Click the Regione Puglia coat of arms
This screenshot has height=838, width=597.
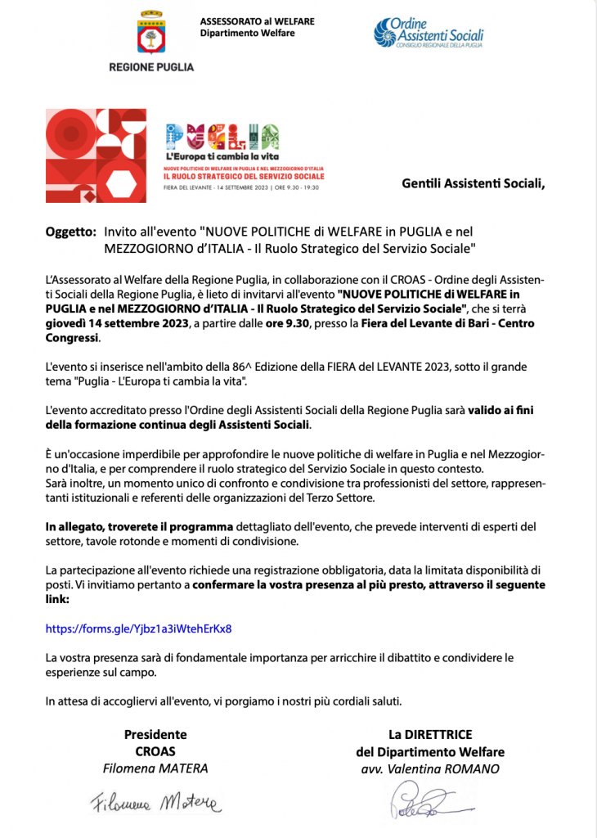(x=151, y=32)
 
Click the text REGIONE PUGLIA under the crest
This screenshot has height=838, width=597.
(x=151, y=67)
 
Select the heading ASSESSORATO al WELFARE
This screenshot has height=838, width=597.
(x=257, y=20)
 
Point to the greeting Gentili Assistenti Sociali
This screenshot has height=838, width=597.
(x=473, y=182)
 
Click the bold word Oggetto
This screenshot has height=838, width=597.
(x=70, y=232)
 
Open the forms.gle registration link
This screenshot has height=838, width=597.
(x=138, y=629)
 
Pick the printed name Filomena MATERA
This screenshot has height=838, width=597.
(x=155, y=768)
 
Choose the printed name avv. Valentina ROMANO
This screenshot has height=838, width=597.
(x=430, y=768)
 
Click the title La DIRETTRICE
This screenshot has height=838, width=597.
(x=430, y=734)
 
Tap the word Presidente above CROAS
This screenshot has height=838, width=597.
(x=155, y=734)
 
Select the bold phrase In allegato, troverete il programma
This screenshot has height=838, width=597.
(x=140, y=525)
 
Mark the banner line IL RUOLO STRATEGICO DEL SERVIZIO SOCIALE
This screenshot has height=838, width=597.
(x=245, y=176)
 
